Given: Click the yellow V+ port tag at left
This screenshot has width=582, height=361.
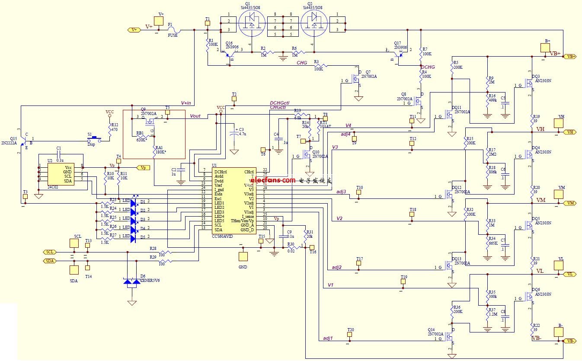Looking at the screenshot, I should click(x=134, y=30).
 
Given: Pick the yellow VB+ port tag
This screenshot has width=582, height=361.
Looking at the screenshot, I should click(x=570, y=57).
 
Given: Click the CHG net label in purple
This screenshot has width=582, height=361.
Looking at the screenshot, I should click(x=301, y=63).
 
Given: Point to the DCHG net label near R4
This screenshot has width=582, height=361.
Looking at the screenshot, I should click(x=428, y=67).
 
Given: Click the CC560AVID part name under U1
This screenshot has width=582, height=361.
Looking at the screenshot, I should click(x=222, y=236).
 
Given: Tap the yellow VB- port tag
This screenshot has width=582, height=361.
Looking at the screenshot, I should click(x=570, y=341).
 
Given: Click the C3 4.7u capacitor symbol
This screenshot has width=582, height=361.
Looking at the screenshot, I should click(x=234, y=134).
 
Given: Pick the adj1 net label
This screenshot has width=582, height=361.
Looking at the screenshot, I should click(x=328, y=338).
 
